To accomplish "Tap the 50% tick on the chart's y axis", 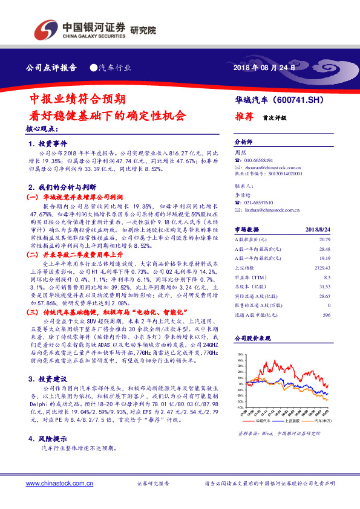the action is (240, 355).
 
